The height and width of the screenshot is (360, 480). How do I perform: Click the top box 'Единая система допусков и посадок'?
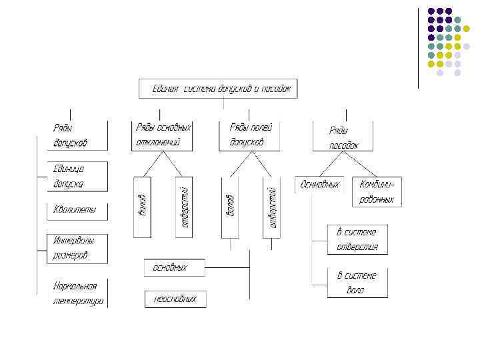[x=218, y=89]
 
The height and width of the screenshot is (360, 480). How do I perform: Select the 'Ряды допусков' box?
[x=79, y=135]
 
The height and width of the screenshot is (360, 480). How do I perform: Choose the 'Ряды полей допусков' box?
[x=249, y=135]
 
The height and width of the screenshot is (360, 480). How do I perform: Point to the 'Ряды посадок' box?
[x=343, y=137]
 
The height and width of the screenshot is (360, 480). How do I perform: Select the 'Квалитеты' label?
[x=75, y=211]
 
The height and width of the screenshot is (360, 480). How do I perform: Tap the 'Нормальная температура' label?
[x=78, y=293]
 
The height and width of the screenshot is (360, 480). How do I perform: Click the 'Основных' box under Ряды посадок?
[x=319, y=184]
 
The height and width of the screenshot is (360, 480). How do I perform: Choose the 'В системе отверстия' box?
[x=357, y=239]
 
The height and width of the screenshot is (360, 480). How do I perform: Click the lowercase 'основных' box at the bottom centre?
[x=174, y=267]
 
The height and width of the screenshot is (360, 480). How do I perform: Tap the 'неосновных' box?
[x=175, y=299]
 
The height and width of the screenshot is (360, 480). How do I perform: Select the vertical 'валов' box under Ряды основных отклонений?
[x=143, y=207]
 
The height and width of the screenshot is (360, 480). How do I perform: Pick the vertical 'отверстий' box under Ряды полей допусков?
[x=273, y=207]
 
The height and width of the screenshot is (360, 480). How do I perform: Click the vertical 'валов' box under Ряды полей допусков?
[x=229, y=207]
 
